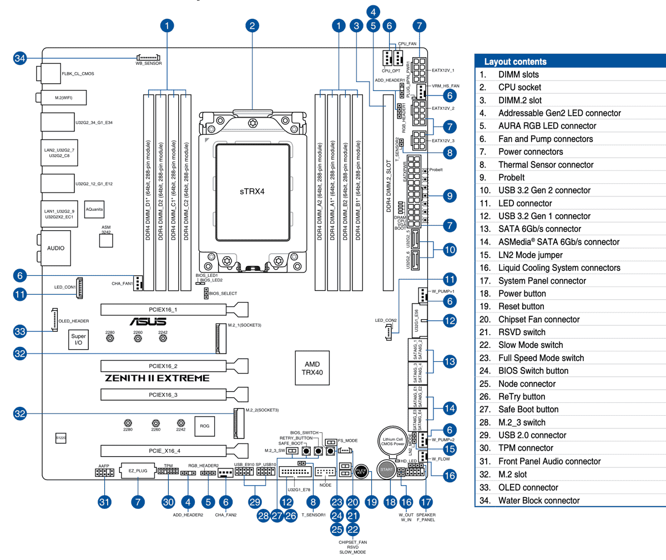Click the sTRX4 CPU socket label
252,191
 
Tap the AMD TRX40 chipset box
312,368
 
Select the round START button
386,470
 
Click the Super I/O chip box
78,339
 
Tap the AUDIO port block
56,248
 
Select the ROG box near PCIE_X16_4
205,426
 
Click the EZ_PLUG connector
138,471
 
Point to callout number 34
20,58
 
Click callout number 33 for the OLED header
20,331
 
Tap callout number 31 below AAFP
104,502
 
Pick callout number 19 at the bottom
371,502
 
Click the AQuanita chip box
94,209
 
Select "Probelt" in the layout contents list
511,178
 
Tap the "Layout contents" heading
515,62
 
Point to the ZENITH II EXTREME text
157,378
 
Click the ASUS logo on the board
148,322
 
